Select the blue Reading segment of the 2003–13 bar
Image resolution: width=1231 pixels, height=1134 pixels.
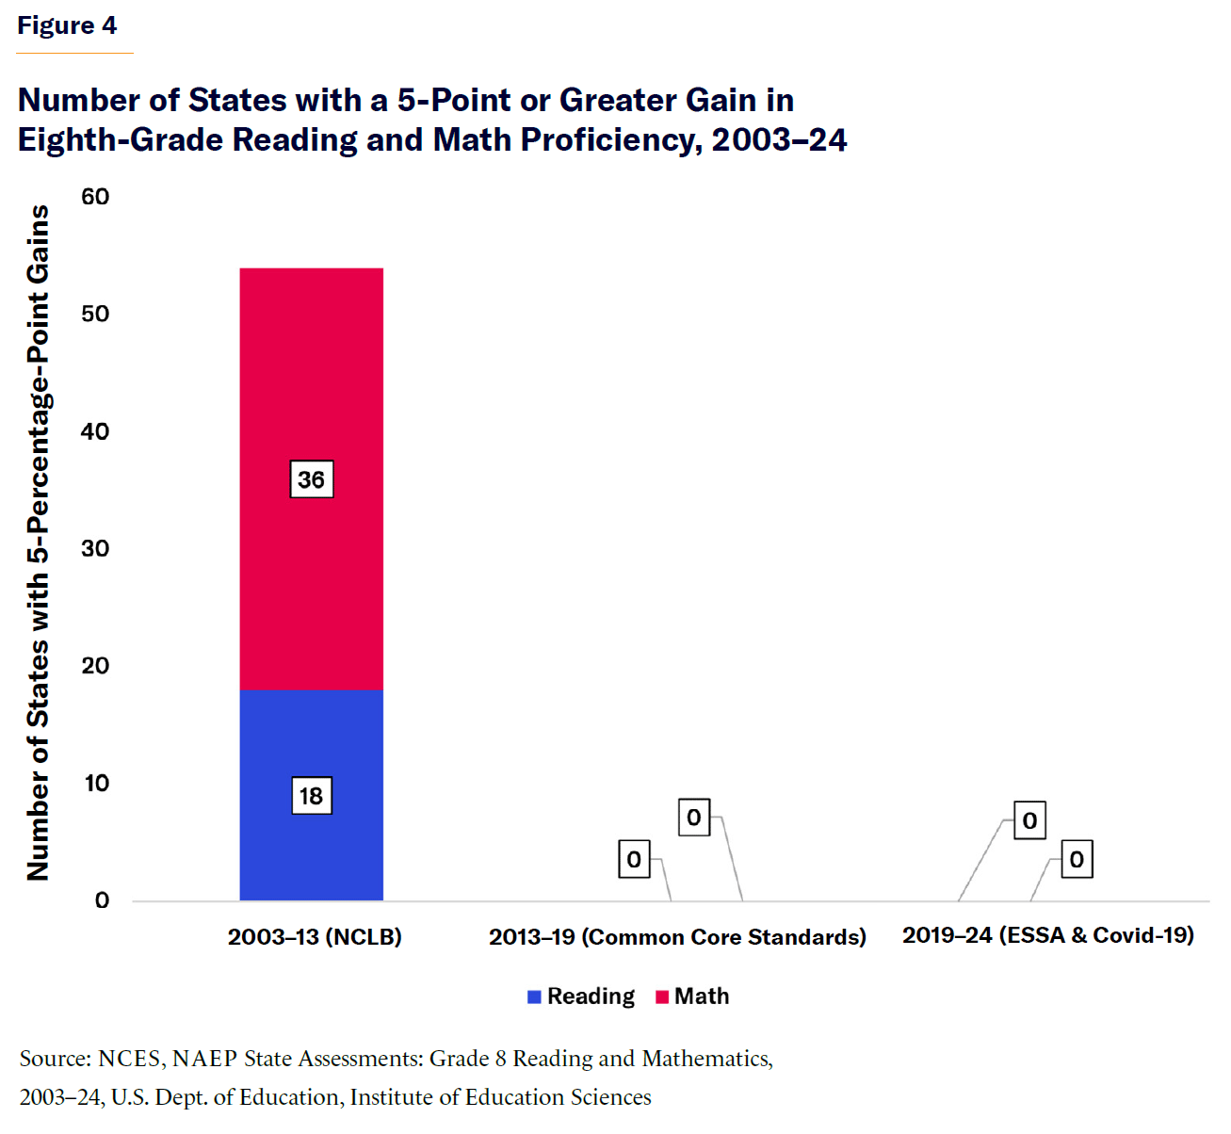coord(311,744)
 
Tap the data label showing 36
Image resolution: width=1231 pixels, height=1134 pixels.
coord(311,480)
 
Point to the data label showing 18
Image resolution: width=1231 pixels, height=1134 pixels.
coord(311,797)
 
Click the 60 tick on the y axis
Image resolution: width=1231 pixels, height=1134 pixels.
coord(95,197)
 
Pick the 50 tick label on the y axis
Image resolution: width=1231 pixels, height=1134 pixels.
coord(95,314)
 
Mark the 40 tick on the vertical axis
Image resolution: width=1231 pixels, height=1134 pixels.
coord(95,431)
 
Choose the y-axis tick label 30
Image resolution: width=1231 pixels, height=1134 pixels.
coord(95,548)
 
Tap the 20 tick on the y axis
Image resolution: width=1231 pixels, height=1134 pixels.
coord(95,666)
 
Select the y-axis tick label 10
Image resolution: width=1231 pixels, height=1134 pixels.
coord(96,783)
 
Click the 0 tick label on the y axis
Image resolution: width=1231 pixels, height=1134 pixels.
coord(102,900)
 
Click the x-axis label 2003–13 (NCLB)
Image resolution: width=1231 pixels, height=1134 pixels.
coord(315,937)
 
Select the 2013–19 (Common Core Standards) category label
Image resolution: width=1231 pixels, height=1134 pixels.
coord(677,937)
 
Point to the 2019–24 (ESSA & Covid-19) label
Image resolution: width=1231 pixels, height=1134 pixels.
coord(1048,935)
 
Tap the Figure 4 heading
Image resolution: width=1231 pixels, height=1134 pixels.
coord(67,25)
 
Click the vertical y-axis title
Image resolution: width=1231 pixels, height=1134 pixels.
coord(38,543)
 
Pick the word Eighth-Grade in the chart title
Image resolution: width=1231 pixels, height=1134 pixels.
coord(121,140)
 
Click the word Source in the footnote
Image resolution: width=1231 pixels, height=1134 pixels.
coord(54,1059)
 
